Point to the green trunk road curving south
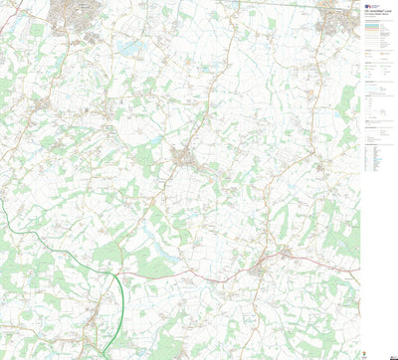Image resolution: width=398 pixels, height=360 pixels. [121, 298]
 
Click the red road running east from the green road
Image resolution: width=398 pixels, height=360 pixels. [189, 270]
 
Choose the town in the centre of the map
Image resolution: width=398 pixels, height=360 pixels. [185, 156]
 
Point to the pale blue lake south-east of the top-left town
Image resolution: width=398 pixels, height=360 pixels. [126, 47]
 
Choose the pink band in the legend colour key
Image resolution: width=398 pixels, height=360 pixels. [379, 35]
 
